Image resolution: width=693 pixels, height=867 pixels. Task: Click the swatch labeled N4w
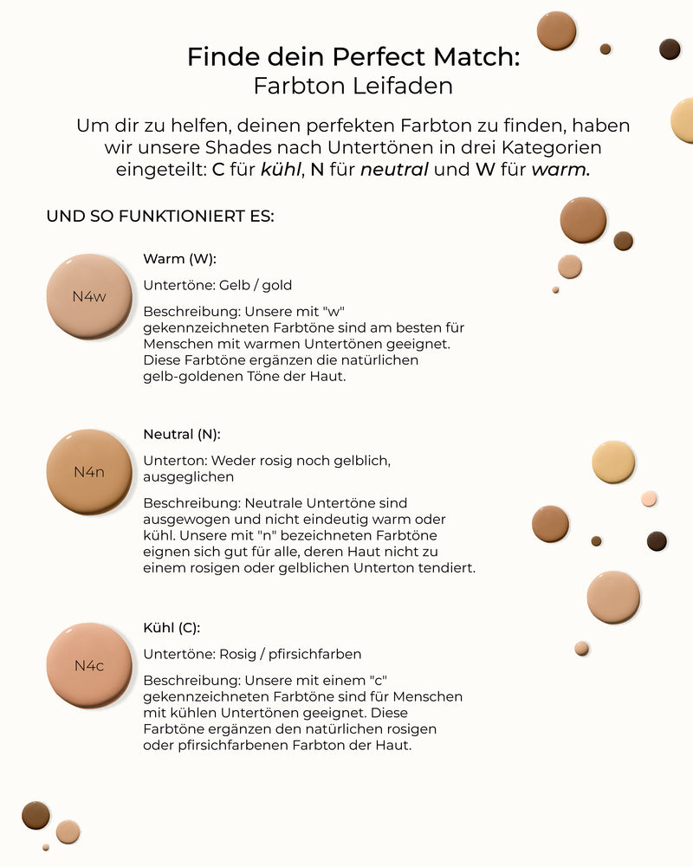(89, 296)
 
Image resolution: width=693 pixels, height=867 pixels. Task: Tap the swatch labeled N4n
(89, 472)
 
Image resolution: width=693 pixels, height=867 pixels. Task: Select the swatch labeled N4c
(89, 665)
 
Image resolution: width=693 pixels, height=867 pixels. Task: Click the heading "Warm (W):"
(179, 258)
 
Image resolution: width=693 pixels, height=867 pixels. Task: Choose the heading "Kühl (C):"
(172, 628)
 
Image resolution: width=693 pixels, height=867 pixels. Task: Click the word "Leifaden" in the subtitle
(405, 87)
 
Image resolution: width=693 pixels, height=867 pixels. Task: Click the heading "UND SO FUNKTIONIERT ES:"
(160, 216)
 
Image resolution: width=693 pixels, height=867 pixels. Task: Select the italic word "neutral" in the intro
(394, 170)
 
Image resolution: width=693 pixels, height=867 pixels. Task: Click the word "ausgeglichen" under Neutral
(188, 476)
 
